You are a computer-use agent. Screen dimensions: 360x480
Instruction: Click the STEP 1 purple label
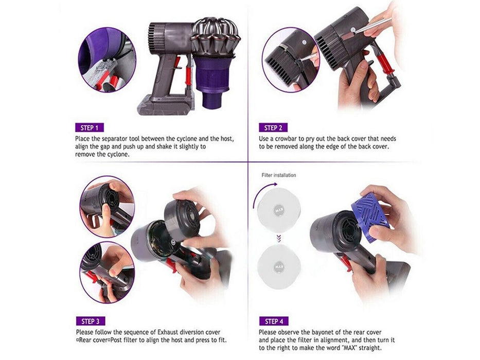point(90,128)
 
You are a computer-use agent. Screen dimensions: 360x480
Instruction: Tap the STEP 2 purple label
point(273,128)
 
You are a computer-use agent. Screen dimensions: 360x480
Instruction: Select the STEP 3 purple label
point(90,321)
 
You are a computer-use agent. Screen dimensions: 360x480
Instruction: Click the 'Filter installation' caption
point(279,175)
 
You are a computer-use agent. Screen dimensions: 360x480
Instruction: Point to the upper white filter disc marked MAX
point(278,210)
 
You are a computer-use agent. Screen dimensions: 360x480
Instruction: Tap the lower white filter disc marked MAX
point(278,267)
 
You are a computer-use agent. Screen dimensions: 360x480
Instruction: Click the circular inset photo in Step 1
point(106,59)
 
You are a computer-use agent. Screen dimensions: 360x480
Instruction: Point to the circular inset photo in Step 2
point(290,59)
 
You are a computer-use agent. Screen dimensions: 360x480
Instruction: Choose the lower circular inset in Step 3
point(106,271)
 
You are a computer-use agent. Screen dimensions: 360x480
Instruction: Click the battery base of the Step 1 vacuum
point(159,105)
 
